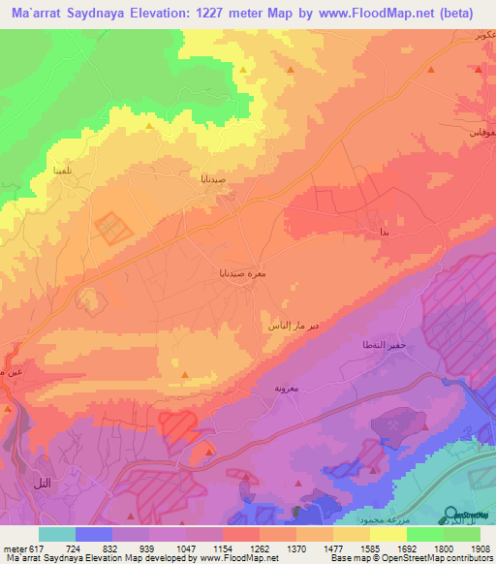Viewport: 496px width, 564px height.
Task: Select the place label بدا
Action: coord(385,234)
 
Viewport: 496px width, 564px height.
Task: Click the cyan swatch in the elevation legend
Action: coord(57,534)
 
